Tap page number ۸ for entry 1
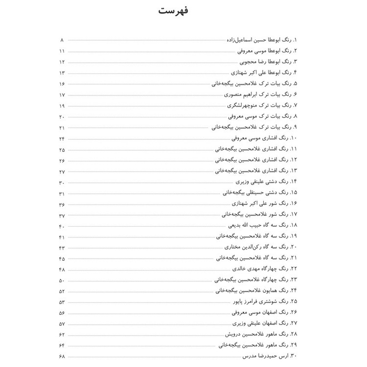point(62,39)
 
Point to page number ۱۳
point(62,72)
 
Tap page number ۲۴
point(62,138)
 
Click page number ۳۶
point(62,204)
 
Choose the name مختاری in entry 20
point(237,247)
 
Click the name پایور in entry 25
point(236,301)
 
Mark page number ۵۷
point(62,323)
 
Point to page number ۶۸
point(62,356)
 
